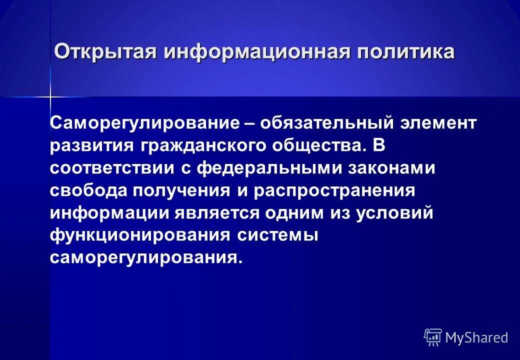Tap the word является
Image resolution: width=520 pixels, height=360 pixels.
pyautogui.click(x=216, y=212)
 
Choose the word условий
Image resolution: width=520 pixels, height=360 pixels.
pyautogui.click(x=394, y=212)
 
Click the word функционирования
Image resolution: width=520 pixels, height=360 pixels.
pyautogui.click(x=140, y=235)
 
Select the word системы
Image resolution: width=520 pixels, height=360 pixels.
pyautogui.click(x=277, y=235)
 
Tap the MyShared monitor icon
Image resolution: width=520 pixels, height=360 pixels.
pyautogui.click(x=433, y=337)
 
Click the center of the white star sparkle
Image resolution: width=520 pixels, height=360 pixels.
pyautogui.click(x=50, y=96)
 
